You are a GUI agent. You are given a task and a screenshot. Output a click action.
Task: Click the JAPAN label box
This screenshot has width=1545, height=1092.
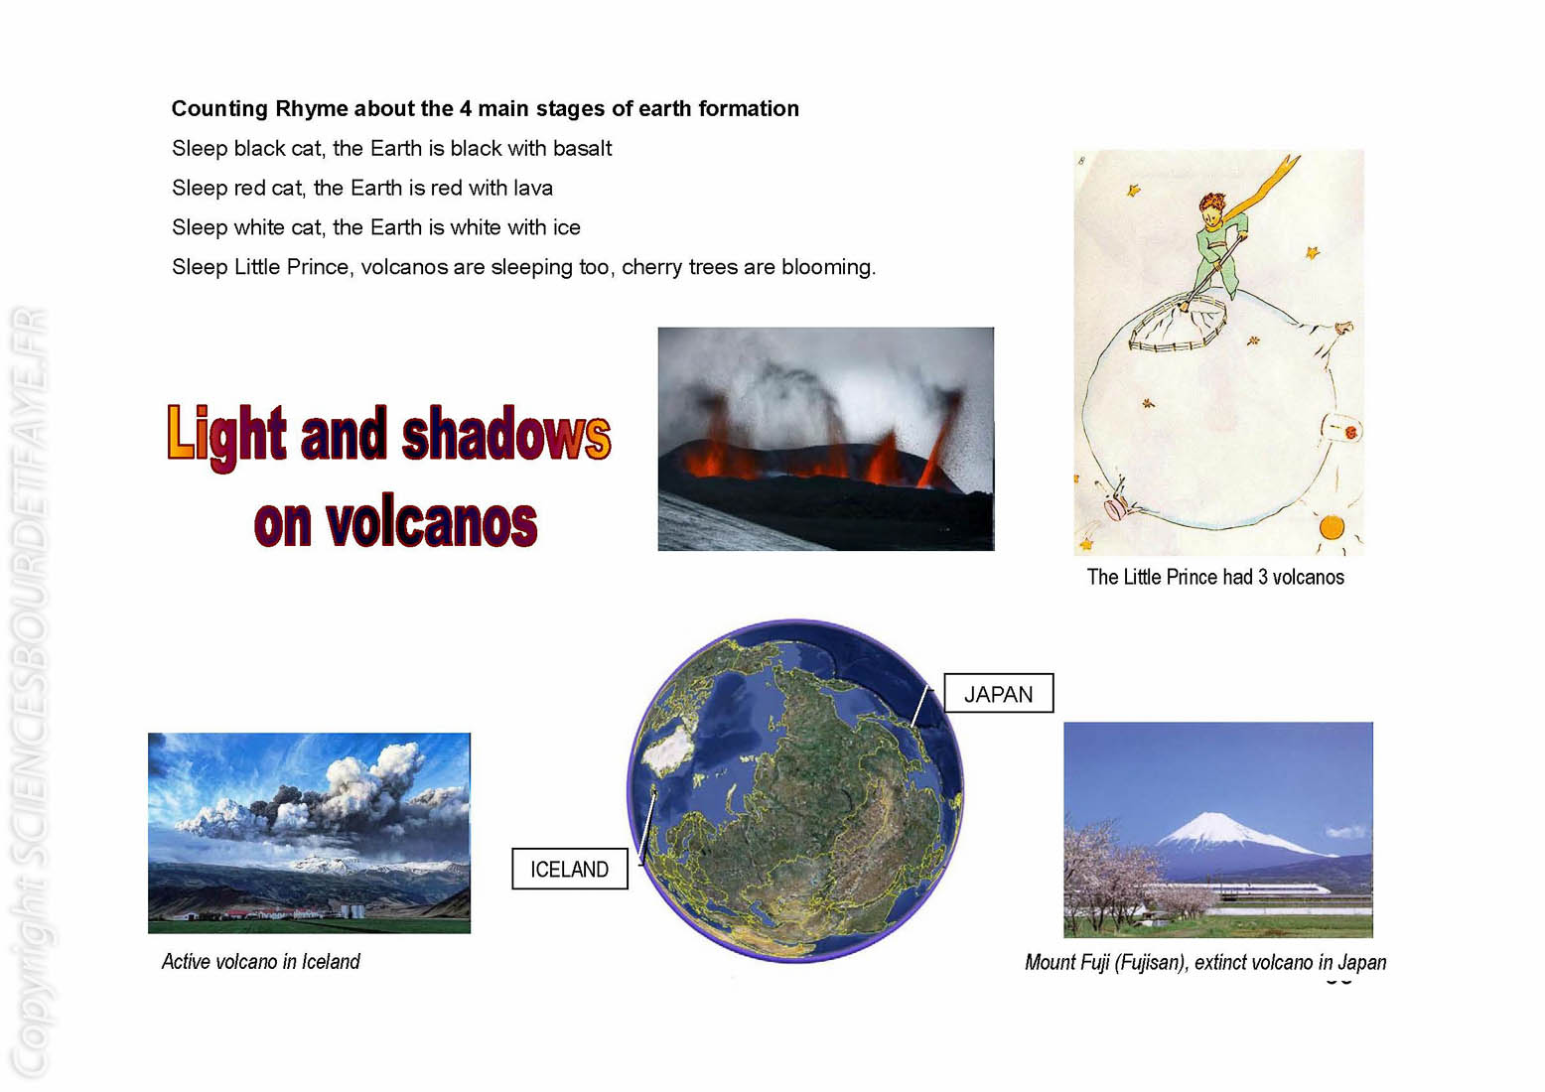click(x=998, y=693)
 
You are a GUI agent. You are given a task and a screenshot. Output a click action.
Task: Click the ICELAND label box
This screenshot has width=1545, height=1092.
click(x=570, y=869)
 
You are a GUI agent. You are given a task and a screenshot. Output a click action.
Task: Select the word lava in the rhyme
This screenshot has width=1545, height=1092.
click(x=533, y=188)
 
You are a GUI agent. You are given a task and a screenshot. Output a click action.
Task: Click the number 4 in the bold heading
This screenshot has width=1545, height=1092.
click(x=466, y=109)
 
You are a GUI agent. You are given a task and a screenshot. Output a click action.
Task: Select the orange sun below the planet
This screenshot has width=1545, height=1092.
click(x=1332, y=527)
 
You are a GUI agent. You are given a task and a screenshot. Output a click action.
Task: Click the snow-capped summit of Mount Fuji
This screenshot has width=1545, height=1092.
click(x=1214, y=826)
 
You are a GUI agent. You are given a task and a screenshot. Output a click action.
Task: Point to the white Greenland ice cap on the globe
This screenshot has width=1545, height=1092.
click(x=668, y=749)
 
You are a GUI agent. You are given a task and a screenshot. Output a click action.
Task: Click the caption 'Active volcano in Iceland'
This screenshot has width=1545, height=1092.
click(x=261, y=961)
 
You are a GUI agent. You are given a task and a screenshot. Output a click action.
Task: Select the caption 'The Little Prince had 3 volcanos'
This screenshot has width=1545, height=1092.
click(x=1215, y=577)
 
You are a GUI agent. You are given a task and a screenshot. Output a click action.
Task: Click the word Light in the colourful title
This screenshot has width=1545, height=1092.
click(x=227, y=436)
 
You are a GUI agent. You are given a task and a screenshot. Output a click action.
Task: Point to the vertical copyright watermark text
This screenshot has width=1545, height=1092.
click(x=31, y=689)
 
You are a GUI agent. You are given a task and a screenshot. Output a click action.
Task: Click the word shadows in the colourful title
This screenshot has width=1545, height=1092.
click(x=506, y=435)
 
